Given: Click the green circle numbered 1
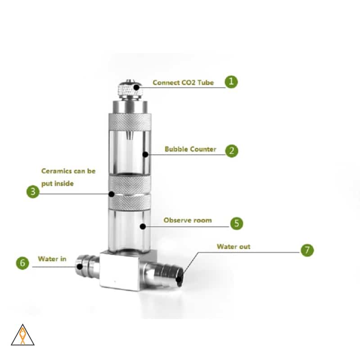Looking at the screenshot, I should click(x=231, y=82).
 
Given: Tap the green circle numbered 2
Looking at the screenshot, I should click(x=231, y=150).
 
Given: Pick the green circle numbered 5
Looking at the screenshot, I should click(x=237, y=223).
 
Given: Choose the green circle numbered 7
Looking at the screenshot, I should click(x=307, y=250).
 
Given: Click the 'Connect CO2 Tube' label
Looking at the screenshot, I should click(x=183, y=82).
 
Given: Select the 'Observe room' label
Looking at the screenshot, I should click(x=187, y=220).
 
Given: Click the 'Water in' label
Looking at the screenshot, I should click(x=52, y=259).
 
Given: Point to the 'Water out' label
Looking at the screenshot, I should click(x=233, y=247).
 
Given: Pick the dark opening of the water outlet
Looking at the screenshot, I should click(x=180, y=277).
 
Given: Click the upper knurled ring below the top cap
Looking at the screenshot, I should click(x=128, y=120).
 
